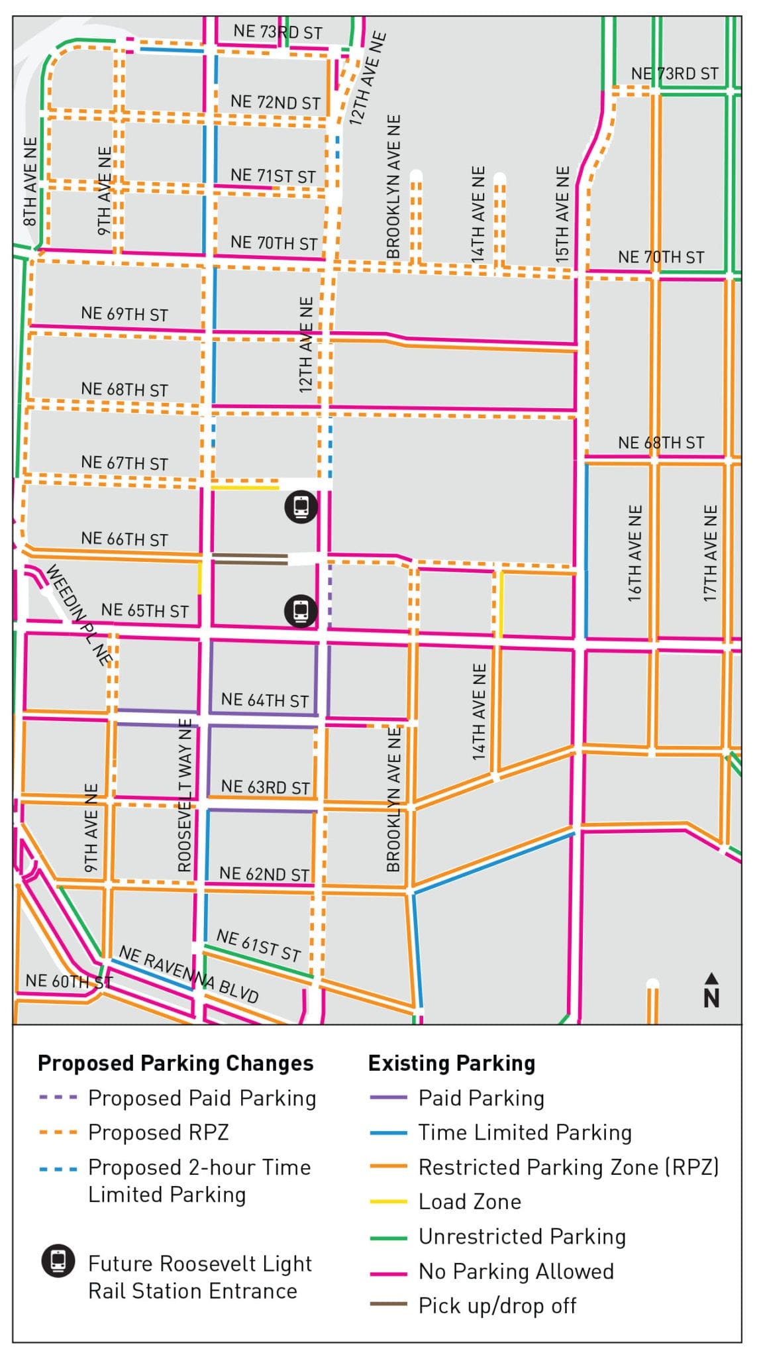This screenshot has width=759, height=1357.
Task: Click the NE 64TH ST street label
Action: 264,700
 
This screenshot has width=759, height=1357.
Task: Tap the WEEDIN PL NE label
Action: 78,614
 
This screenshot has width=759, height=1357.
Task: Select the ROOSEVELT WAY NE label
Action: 185,794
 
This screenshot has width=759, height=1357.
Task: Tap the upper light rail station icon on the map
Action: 301,507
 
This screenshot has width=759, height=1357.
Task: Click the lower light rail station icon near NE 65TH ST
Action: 301,610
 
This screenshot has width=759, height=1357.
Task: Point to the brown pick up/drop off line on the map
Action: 250,559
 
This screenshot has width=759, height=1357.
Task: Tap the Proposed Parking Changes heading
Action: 176,1063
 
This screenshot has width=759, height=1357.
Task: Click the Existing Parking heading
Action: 451,1063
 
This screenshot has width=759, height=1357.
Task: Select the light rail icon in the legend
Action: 58,1260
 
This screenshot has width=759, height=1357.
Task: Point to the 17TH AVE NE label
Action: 710,553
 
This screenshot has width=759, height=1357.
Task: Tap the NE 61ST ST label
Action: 259,946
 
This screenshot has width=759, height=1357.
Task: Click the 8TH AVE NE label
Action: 30,182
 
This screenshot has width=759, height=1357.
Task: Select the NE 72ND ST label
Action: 275,102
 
